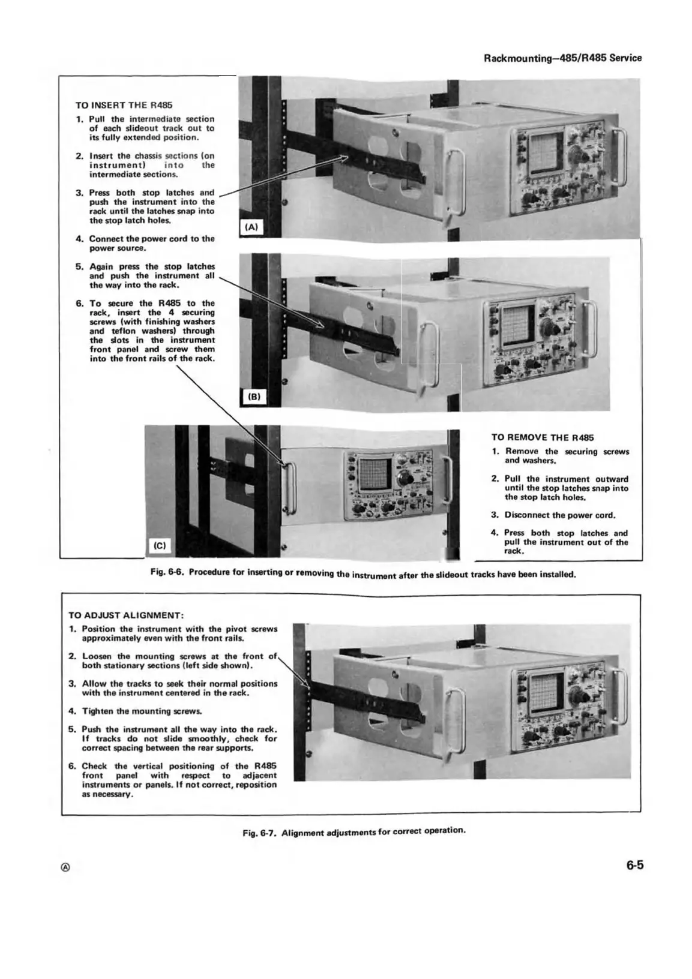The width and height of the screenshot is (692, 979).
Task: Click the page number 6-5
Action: pyautogui.click(x=634, y=866)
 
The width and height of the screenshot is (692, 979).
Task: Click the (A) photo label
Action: pyautogui.click(x=251, y=227)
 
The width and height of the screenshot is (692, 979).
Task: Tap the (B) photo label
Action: pyautogui.click(x=254, y=397)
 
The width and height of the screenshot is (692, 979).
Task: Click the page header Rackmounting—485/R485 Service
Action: pyautogui.click(x=562, y=58)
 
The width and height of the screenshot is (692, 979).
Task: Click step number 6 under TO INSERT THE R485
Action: pyautogui.click(x=79, y=304)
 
